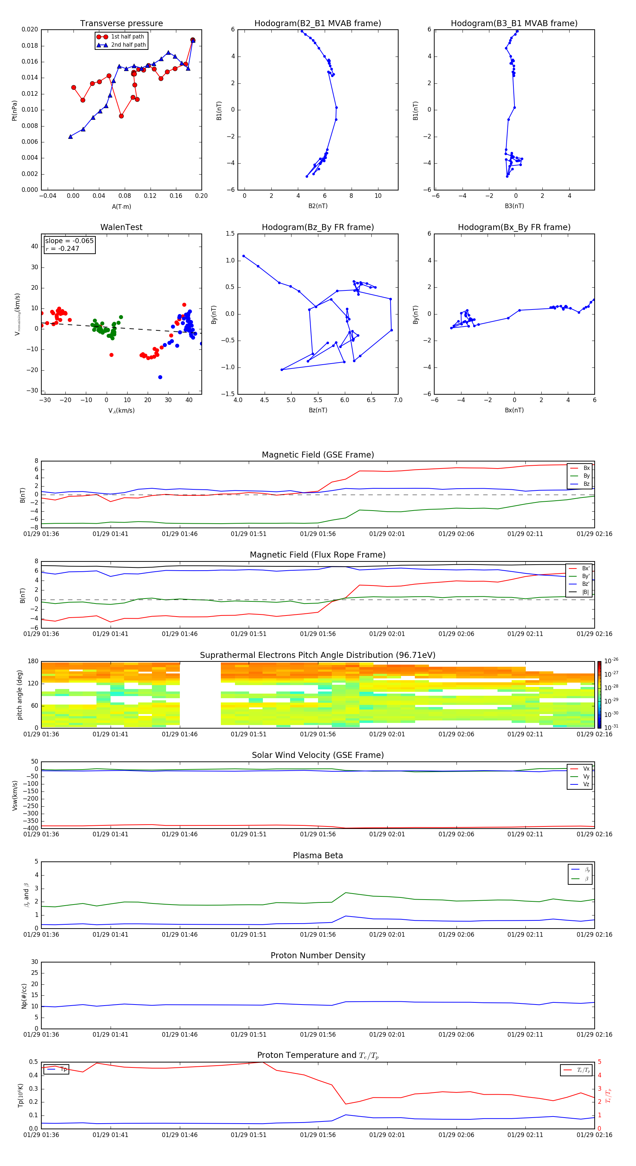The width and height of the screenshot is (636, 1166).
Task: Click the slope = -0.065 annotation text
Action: click(x=69, y=241)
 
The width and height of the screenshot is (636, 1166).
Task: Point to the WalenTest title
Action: click(x=121, y=227)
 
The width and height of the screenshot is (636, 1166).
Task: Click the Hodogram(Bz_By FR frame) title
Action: click(x=318, y=227)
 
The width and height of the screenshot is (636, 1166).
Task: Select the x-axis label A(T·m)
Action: click(x=121, y=207)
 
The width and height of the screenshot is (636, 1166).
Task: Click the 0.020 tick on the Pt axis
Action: click(x=30, y=29)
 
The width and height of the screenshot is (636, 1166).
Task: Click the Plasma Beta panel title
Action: click(x=318, y=855)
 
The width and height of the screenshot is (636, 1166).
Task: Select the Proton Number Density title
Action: click(x=318, y=955)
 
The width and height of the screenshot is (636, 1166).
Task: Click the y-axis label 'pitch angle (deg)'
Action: click(x=19, y=694)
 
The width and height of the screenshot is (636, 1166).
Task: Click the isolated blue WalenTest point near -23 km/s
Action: click(x=160, y=377)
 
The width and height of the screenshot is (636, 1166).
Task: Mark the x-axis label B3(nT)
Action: click(x=514, y=206)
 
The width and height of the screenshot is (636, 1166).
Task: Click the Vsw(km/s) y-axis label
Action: click(x=15, y=795)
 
